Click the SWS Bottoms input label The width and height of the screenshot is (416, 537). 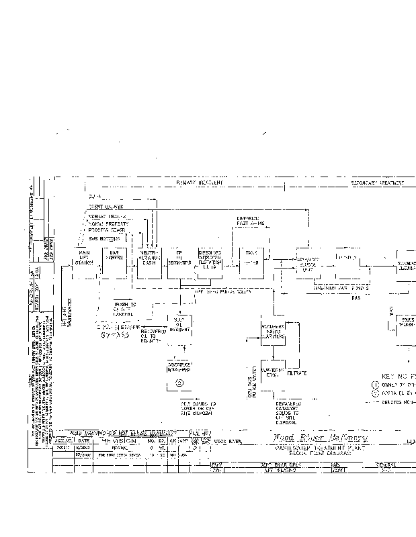click(x=104, y=238)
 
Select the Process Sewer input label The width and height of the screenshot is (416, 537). click(x=106, y=230)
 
